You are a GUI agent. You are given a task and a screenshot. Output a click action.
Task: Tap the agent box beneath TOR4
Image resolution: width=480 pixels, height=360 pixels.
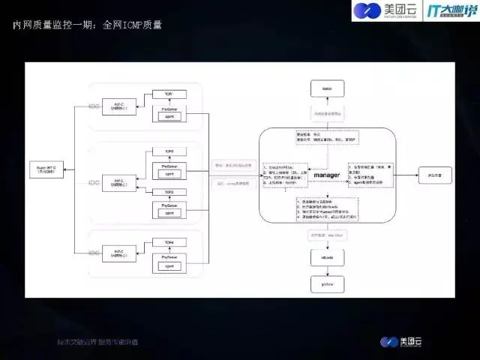click(x=169, y=266)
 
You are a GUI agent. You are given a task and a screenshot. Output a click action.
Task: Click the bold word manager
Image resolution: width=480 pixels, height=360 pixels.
click(x=327, y=175)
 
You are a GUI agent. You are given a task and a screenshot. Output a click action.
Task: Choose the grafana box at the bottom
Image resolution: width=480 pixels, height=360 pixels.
click(x=327, y=286)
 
